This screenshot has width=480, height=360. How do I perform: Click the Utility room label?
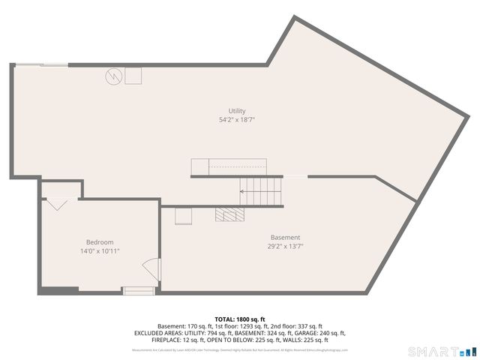coord(237,111)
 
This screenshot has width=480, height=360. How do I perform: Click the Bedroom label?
coord(100,242)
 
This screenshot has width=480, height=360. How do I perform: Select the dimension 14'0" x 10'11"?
coord(100,251)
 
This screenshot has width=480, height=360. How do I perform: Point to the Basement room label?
coord(285,238)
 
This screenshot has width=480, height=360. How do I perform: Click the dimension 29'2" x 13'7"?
coord(285,246)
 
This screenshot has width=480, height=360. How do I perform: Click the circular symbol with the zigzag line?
coord(112,76)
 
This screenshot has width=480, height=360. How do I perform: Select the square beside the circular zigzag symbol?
coord(133,76)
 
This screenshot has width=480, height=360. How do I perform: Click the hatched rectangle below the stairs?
coord(229,215)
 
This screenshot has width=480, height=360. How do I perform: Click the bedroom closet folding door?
coord(56,202)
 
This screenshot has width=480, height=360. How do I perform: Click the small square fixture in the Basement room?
coord(183,216)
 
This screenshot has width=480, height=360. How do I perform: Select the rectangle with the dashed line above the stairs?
coord(229,166)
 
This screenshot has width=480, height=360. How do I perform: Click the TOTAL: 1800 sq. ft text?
coord(239,319)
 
